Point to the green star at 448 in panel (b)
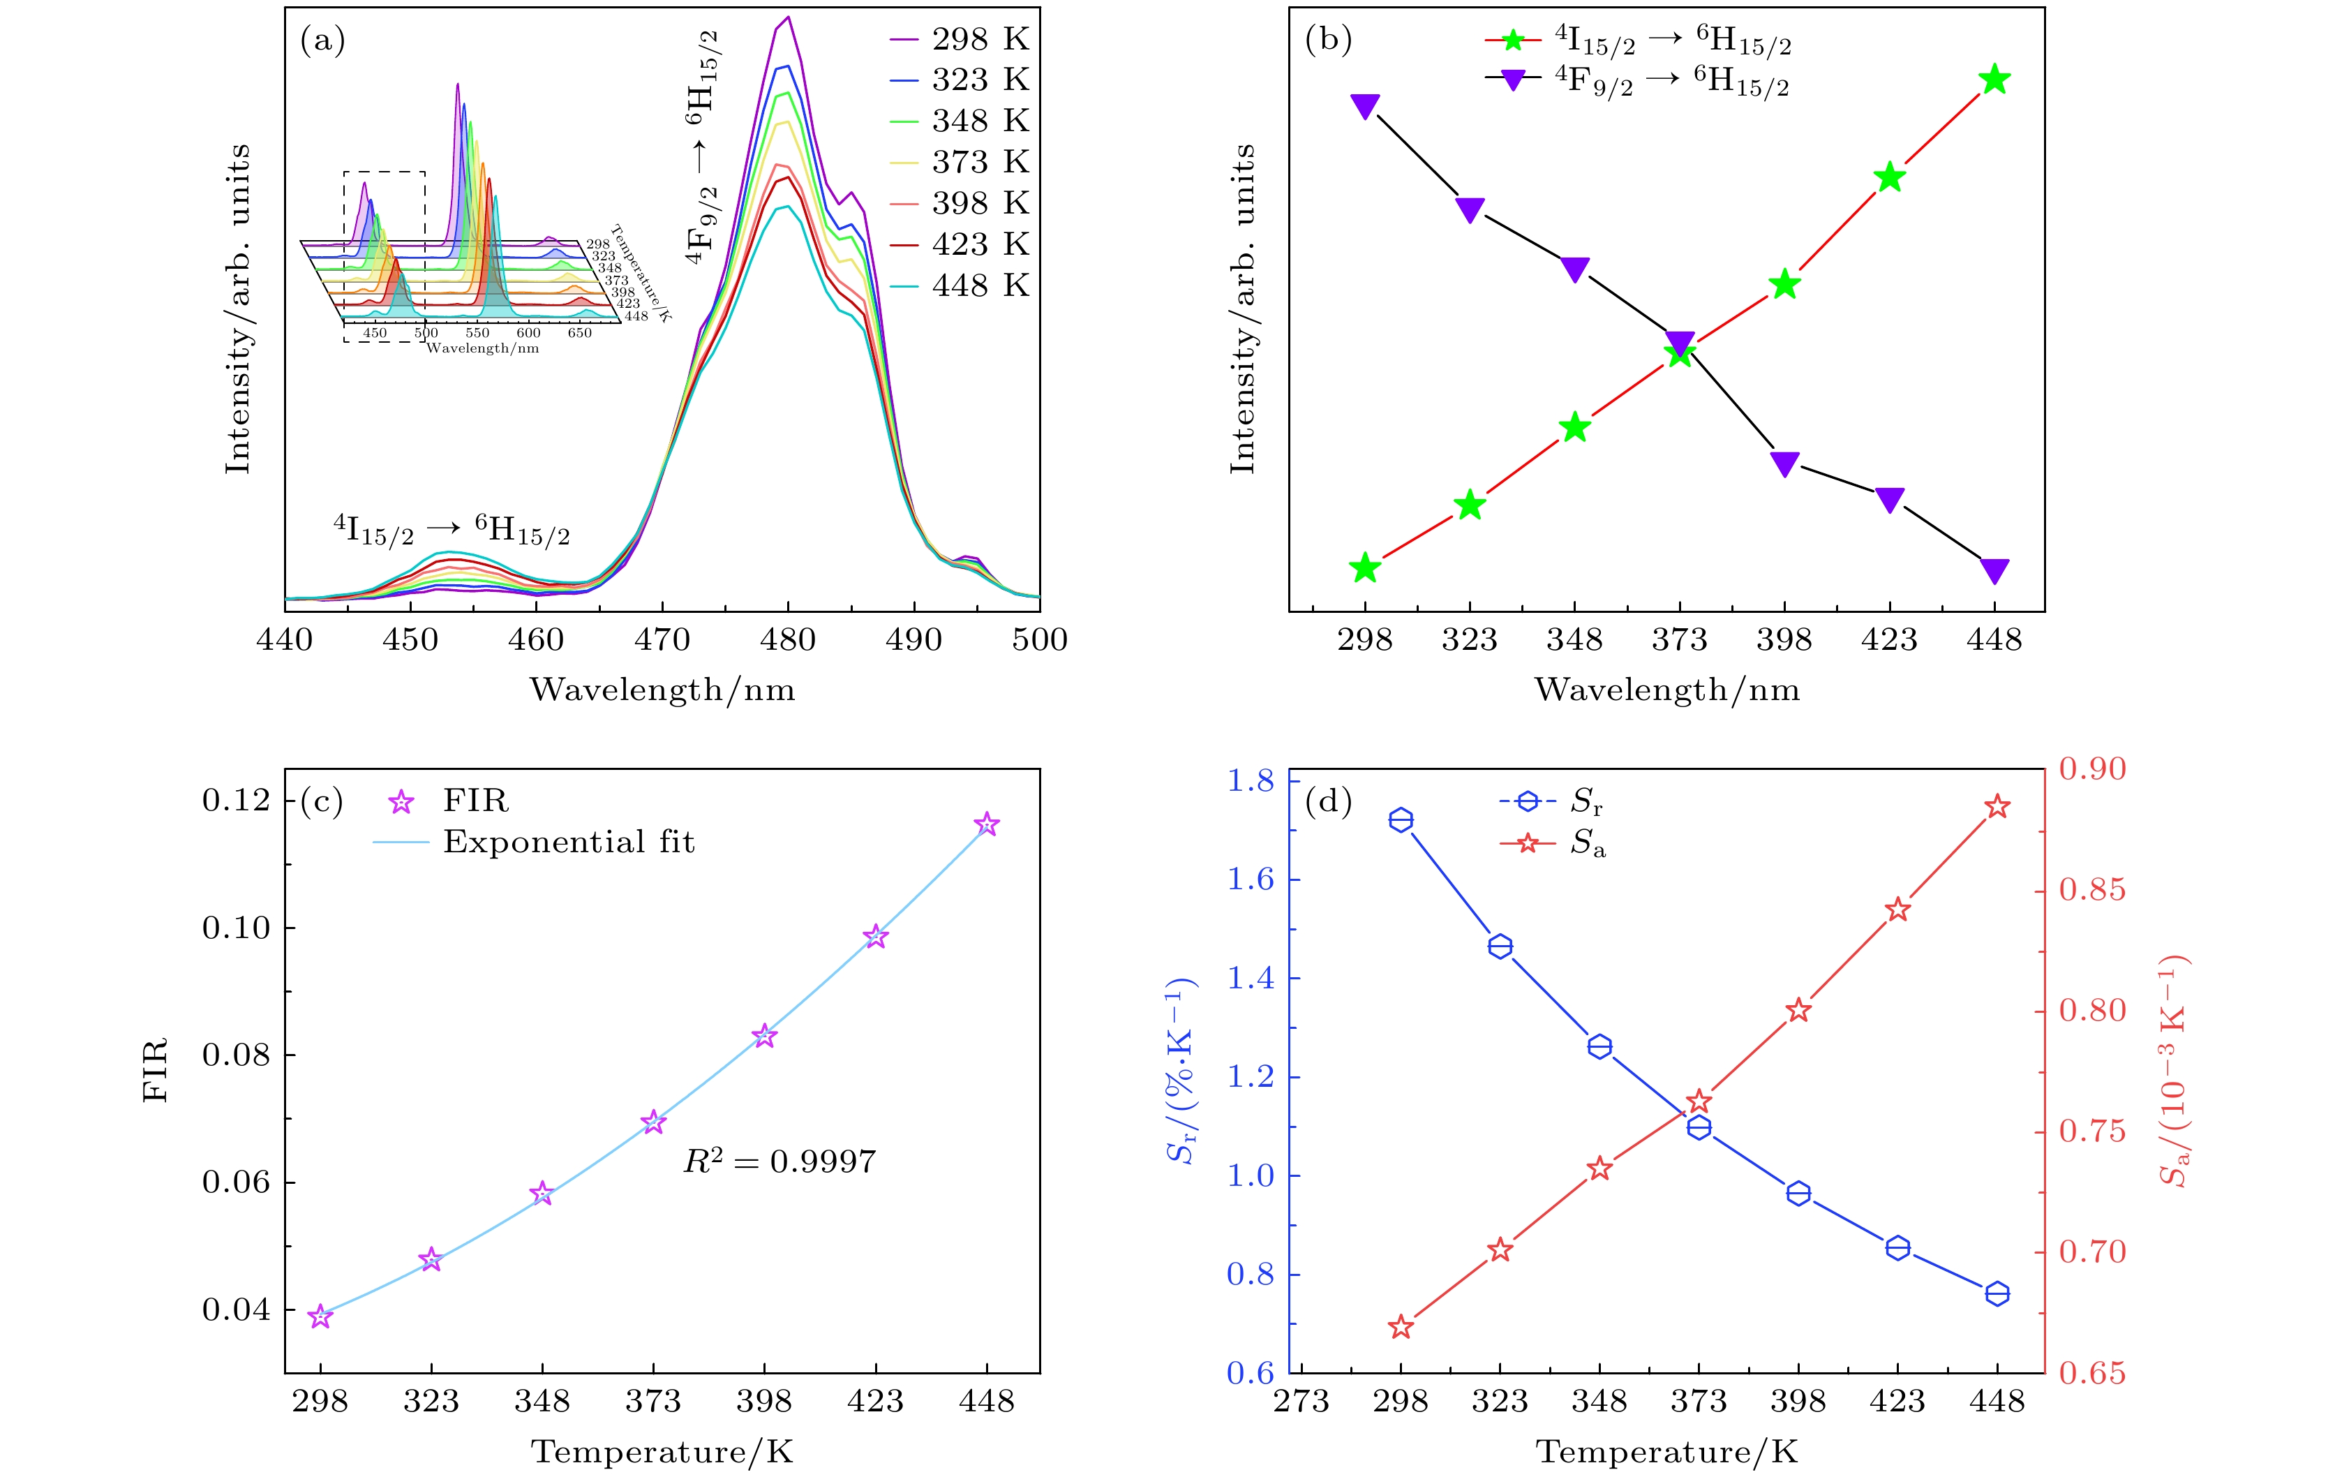coord(1994,80)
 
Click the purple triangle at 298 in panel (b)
coord(1364,105)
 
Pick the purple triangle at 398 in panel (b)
coord(1784,463)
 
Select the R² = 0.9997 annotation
coord(779,1161)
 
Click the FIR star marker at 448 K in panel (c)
coord(986,824)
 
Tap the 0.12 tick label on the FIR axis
coord(236,801)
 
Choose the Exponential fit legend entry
coord(568,842)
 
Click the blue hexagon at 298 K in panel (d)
coord(1400,820)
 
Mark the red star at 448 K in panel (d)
coord(1997,807)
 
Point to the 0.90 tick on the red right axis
coord(2091,769)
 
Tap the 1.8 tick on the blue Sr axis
coord(1250,780)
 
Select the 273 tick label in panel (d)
coord(1300,1402)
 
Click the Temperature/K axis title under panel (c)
coord(662,1452)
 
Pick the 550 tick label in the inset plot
coord(477,333)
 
